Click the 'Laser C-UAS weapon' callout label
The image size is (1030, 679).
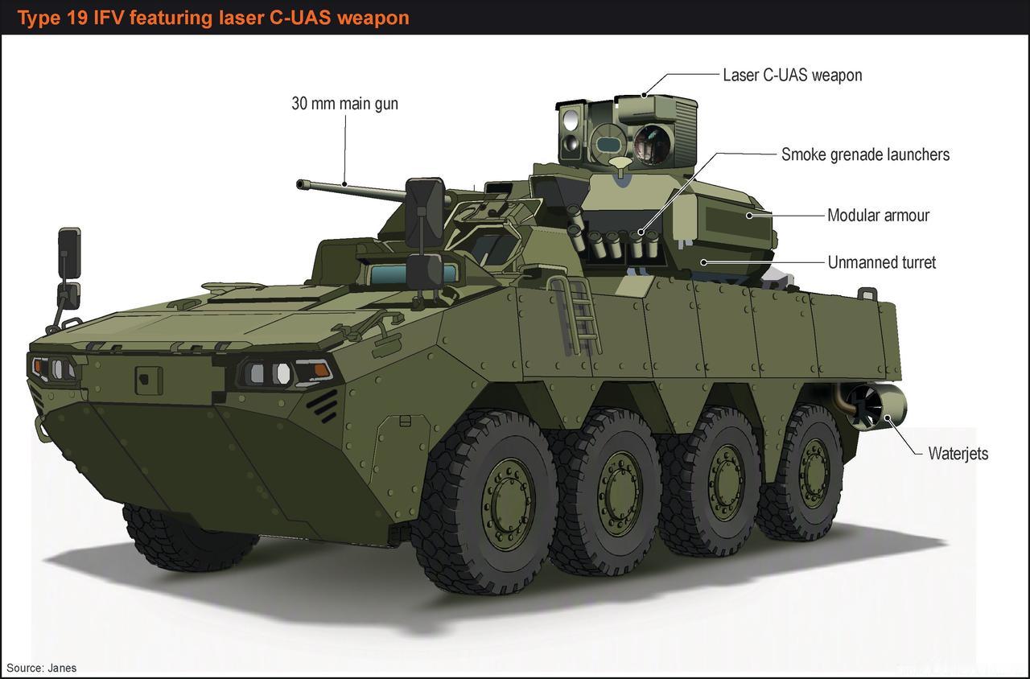[793, 76]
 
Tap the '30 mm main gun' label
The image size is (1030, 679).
[345, 104]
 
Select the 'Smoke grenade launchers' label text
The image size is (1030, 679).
[865, 154]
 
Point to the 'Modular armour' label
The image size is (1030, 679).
[878, 215]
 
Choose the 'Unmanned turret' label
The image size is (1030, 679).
[881, 262]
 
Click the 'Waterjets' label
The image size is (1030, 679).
[958, 453]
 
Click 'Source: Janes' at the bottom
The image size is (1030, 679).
[41, 668]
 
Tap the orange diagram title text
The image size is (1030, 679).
[213, 18]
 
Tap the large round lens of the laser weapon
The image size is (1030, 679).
[652, 144]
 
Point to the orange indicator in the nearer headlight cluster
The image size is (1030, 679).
[321, 369]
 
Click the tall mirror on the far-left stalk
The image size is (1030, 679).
[69, 253]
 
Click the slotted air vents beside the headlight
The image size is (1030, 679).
[323, 405]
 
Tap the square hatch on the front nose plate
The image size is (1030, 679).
[149, 381]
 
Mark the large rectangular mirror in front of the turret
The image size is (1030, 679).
[425, 212]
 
